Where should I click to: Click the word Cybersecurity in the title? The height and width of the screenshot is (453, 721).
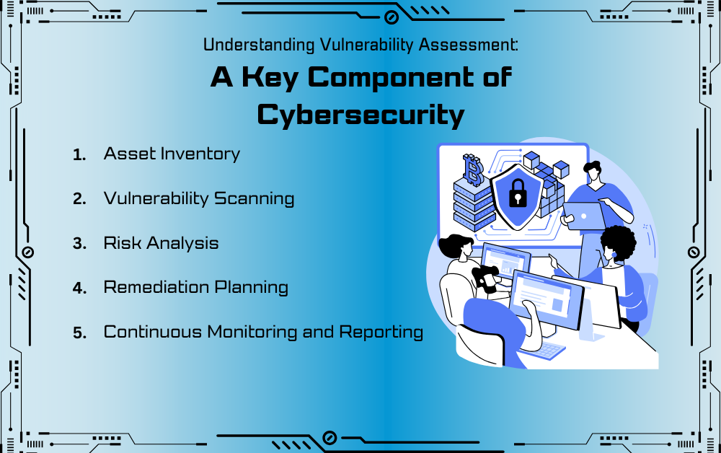coord(360,114)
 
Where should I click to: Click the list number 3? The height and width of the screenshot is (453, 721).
coord(79,244)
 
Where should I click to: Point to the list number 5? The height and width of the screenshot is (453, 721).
coord(79,333)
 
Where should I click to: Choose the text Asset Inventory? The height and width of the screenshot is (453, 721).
coord(172,154)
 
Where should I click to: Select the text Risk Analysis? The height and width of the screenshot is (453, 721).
coord(161,243)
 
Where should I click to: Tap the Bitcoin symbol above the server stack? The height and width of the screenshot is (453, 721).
coord(473,170)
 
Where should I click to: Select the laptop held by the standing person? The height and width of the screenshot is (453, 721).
coord(583,215)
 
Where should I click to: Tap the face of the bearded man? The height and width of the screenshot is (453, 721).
coord(466,251)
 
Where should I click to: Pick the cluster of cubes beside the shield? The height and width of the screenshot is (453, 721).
coord(548,180)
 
